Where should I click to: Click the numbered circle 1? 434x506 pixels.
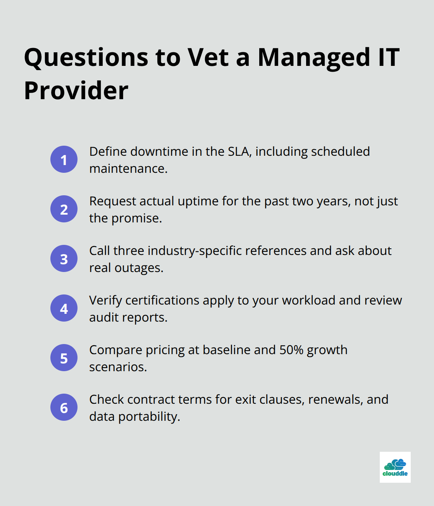64,159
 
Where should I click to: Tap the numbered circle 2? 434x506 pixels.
64,209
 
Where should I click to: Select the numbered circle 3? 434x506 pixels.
64,258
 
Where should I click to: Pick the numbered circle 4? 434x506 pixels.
64,308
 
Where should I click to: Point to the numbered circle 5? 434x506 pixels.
64,358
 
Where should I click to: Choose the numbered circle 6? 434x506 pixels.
64,407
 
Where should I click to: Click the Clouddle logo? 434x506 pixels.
395,467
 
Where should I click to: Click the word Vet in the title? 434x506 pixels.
208,57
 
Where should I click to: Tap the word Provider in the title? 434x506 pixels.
76,91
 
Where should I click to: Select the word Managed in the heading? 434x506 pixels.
314,57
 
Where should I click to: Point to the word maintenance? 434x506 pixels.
128,169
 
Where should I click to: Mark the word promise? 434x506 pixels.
136,218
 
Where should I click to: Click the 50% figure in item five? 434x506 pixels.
291,350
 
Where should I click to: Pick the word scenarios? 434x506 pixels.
117,367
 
